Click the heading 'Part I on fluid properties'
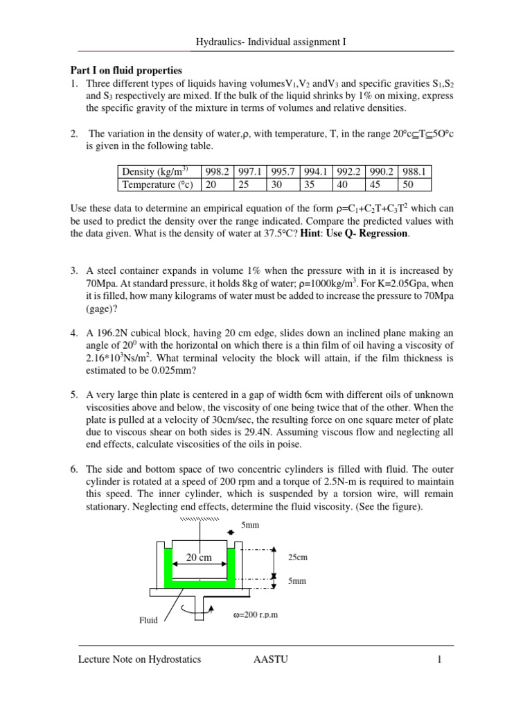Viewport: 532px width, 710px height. pos(126,70)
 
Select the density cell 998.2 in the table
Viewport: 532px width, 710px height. pos(215,171)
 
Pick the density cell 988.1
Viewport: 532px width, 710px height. pos(414,171)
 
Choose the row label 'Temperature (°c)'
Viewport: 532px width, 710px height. pos(157,184)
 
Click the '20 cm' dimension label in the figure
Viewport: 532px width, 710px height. pos(199,556)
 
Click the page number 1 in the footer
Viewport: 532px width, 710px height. pos(438,659)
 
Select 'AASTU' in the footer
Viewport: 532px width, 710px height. pos(272,659)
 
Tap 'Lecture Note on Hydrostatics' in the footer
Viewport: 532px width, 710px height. pos(139,659)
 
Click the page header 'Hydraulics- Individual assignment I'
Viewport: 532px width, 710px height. pos(267,42)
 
